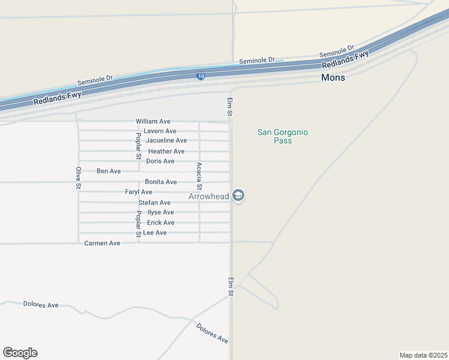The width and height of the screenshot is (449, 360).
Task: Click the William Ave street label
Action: (x=153, y=121)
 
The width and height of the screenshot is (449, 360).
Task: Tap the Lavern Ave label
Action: (x=160, y=131)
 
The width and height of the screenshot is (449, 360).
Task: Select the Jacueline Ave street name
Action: (x=166, y=140)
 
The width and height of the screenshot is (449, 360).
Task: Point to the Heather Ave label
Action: (x=166, y=151)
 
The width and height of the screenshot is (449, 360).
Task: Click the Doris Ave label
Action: (x=160, y=161)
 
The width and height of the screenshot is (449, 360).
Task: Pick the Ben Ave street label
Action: (x=109, y=171)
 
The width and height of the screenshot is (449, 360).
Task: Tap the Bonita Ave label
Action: (x=161, y=182)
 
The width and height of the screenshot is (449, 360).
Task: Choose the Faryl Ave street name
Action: (x=139, y=192)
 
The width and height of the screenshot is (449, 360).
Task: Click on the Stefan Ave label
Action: (x=154, y=203)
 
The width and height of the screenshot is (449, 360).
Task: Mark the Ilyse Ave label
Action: (x=160, y=212)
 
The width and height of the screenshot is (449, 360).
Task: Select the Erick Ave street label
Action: (x=161, y=223)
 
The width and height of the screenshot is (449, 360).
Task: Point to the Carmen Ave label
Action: (x=102, y=243)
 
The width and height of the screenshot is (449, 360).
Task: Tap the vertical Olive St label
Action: (x=78, y=178)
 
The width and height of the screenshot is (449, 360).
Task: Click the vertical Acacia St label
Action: (x=199, y=176)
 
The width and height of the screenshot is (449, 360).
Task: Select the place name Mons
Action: (x=333, y=77)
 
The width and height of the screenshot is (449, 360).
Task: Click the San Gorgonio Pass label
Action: (x=282, y=136)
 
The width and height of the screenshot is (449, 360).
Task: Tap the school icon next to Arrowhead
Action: (x=238, y=196)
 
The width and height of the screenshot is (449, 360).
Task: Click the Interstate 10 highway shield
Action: (x=200, y=76)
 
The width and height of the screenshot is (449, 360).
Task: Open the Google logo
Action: (x=20, y=353)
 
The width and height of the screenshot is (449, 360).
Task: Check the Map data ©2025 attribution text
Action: (x=424, y=355)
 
